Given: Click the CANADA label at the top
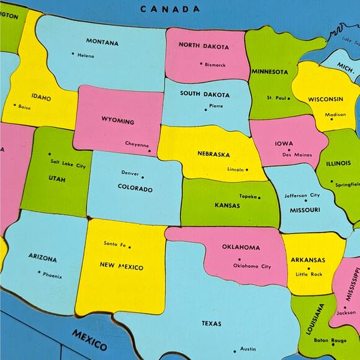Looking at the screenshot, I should tap(169, 9).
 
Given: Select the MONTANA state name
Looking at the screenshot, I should tap(102, 42).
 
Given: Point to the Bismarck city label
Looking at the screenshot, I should tap(215, 65).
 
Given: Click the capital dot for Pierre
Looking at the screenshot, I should tap(206, 110).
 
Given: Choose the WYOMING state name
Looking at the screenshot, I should tap(118, 120).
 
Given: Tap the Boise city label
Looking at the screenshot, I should tap(24, 107).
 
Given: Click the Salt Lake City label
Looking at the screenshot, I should tap(68, 165).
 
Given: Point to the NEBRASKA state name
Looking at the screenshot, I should tap(214, 154).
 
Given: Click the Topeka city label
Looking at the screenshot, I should tap(248, 196).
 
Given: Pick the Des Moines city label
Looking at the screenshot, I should tap(297, 155).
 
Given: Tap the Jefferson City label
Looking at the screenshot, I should tap(302, 196).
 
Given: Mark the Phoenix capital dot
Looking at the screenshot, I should tap(38, 272).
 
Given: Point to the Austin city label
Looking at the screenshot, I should tap(248, 349).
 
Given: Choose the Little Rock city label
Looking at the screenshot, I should tap(309, 274).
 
